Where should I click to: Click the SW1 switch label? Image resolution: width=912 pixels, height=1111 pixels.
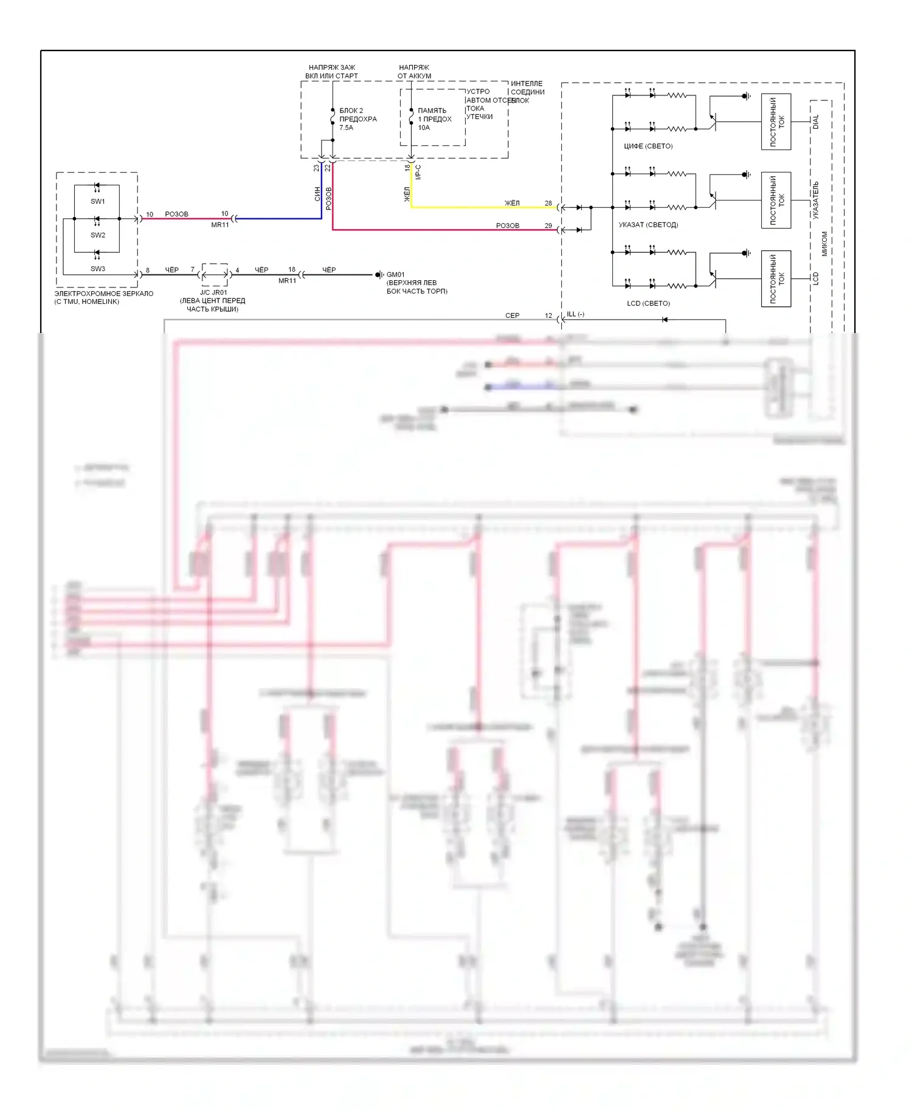[x=98, y=201]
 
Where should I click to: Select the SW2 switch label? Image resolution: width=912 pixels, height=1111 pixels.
[x=98, y=235]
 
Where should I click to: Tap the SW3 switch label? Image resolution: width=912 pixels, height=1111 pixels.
[x=98, y=269]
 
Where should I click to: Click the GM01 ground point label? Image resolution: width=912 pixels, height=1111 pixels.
[x=395, y=275]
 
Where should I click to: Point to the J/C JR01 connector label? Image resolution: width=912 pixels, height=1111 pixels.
[x=213, y=292]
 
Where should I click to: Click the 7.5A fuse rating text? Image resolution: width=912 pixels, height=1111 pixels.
[x=346, y=128]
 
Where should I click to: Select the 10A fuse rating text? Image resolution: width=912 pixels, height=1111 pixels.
[x=424, y=128]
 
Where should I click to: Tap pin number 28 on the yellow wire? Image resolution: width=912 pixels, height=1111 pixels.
[x=548, y=204]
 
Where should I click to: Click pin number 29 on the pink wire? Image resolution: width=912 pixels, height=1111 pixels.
[x=548, y=226]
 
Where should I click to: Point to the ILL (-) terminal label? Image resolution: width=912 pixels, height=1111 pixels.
[x=575, y=314]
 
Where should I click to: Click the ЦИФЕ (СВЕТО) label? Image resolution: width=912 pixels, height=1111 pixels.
[x=648, y=146]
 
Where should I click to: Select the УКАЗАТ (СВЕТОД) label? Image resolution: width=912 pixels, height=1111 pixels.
[x=648, y=225]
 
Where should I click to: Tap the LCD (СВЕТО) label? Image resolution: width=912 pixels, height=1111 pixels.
[x=648, y=303]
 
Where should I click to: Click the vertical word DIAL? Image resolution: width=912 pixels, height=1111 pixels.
[x=816, y=122]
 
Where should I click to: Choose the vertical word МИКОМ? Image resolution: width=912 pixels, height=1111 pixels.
[x=824, y=243]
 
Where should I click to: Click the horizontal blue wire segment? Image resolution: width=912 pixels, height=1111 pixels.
[x=280, y=218]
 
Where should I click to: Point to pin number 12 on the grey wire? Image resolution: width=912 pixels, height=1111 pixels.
[x=548, y=316]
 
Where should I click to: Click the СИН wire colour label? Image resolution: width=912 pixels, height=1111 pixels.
[x=317, y=194]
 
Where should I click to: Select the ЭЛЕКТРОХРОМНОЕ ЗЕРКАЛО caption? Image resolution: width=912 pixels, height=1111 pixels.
[x=104, y=294]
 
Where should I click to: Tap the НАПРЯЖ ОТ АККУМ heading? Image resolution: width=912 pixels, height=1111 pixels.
[x=414, y=72]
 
